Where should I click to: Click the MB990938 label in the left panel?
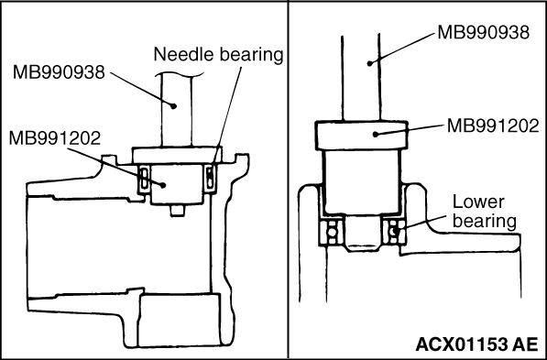[59, 72]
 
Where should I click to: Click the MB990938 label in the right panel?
[483, 32]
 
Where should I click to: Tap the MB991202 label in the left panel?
[55, 137]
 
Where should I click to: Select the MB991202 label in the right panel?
[493, 125]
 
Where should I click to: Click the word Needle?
[180, 54]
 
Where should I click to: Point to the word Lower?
[478, 202]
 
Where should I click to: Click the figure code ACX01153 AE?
[476, 344]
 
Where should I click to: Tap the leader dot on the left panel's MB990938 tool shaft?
[172, 105]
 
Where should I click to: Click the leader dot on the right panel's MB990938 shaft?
[370, 63]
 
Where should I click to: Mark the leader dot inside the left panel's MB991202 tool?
[162, 185]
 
